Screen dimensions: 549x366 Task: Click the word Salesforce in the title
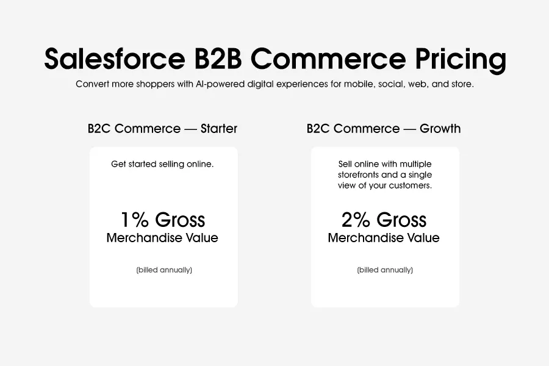(x=115, y=58)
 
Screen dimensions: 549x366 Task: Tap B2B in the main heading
(x=218, y=58)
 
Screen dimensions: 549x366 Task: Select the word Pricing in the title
(x=461, y=60)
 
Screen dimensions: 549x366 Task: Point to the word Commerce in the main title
(x=328, y=58)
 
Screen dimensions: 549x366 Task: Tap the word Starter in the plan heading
(x=219, y=129)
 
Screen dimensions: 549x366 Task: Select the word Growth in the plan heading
(x=440, y=129)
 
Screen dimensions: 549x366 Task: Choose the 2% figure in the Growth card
(x=356, y=220)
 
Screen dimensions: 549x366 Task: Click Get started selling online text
(x=162, y=164)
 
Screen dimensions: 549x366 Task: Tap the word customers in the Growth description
(x=412, y=185)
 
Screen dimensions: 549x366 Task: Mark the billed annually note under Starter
(x=164, y=270)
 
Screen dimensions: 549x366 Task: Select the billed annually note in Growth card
(x=385, y=270)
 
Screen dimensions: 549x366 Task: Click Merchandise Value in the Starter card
(x=162, y=238)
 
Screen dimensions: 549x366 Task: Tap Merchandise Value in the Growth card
(x=384, y=238)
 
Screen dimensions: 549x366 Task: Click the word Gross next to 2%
(x=401, y=220)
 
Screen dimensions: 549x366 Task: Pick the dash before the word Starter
(x=190, y=129)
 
